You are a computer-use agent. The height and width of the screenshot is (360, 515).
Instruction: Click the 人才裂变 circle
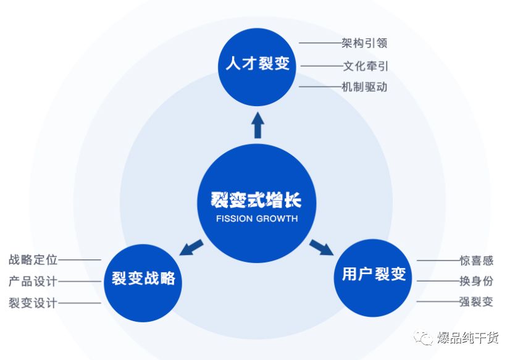(257, 64)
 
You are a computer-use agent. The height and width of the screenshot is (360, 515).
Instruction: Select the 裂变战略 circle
(143, 280)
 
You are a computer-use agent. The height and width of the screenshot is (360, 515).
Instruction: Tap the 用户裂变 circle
(374, 275)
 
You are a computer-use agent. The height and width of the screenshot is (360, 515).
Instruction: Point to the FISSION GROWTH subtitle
(257, 219)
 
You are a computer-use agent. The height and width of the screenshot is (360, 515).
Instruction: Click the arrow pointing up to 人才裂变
(257, 125)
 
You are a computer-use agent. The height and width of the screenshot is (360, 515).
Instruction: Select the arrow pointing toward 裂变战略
(192, 246)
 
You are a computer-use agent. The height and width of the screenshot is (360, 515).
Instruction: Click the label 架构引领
(364, 43)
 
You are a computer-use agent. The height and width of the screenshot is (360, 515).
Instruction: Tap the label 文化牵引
(366, 65)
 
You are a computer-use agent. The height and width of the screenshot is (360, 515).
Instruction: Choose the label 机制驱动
(364, 86)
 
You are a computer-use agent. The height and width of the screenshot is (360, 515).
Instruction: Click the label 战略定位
(33, 260)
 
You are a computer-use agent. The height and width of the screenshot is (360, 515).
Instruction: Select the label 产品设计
(33, 282)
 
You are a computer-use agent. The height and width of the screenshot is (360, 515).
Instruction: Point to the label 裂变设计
(33, 303)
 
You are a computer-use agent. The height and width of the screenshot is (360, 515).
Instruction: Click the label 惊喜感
(476, 261)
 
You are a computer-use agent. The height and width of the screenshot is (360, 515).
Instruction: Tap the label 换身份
(476, 282)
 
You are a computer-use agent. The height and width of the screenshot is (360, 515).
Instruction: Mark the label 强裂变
(476, 303)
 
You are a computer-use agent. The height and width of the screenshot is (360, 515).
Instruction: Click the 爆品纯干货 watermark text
(468, 338)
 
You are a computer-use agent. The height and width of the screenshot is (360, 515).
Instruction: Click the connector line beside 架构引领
(319, 43)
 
